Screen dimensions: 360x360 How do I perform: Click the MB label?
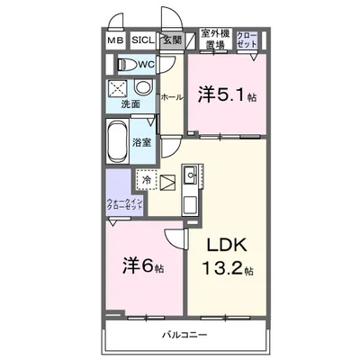coord(117,40)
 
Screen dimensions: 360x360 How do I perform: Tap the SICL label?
coord(142,40)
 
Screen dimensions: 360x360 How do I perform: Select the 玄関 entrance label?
coord(172,40)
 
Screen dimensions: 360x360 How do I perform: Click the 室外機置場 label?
coord(213,38)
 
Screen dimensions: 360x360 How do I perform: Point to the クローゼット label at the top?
coord(247,38)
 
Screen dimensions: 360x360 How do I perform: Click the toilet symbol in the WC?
coord(126,64)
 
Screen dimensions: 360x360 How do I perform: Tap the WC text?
coord(148,65)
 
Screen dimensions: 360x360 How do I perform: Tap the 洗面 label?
coord(131,104)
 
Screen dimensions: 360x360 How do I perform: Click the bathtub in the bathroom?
coord(117,140)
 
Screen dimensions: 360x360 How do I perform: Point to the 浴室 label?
coord(142,142)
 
